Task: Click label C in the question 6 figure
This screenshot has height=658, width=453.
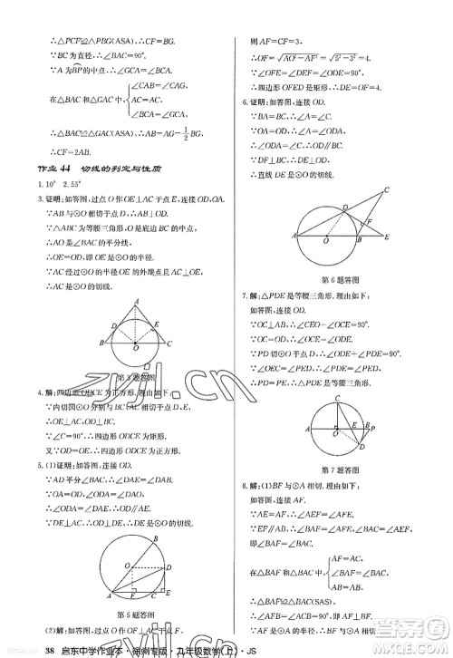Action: [x=387, y=189]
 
